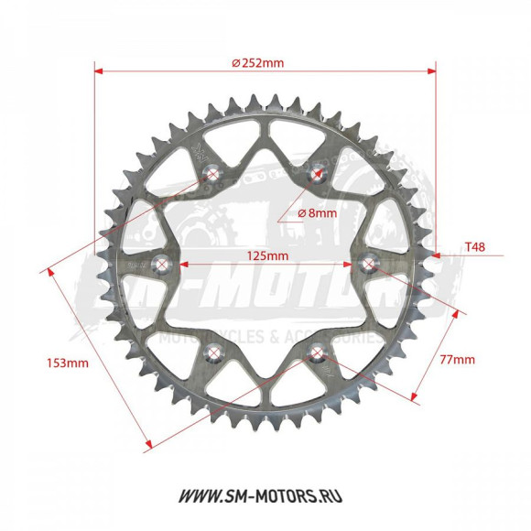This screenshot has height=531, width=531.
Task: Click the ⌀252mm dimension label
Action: click(259, 63)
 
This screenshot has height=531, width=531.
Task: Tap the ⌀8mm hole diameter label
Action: click(318, 212)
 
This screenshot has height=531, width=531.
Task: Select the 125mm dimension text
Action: click(265, 255)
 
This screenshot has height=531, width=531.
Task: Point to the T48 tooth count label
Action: click(475, 247)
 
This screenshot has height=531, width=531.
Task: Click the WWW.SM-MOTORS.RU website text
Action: click(265, 496)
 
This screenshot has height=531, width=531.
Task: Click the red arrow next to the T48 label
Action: click(445, 257)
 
